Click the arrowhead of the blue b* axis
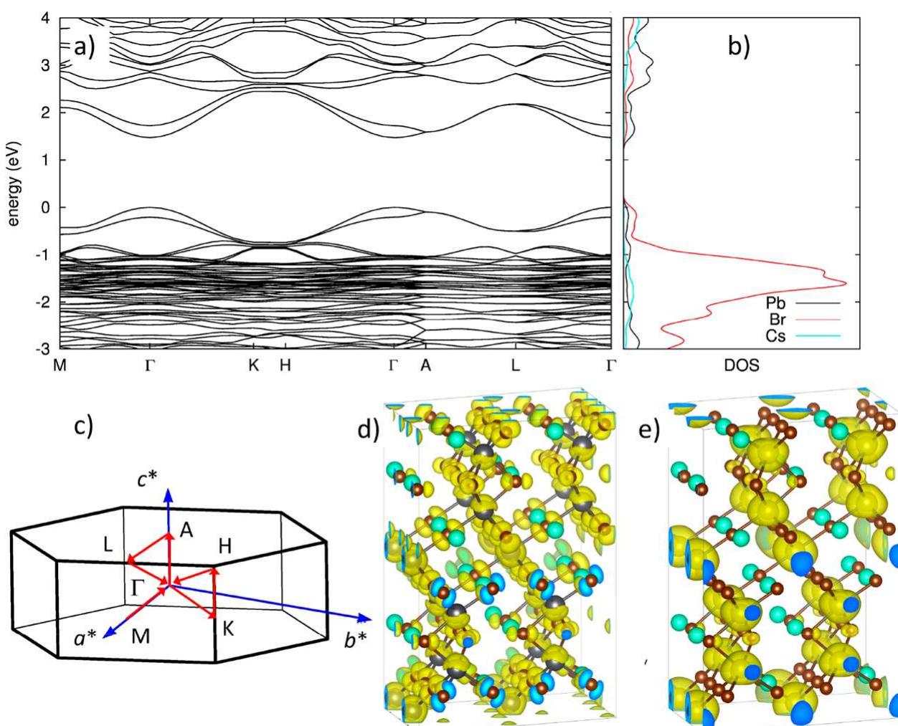click(x=367, y=618)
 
